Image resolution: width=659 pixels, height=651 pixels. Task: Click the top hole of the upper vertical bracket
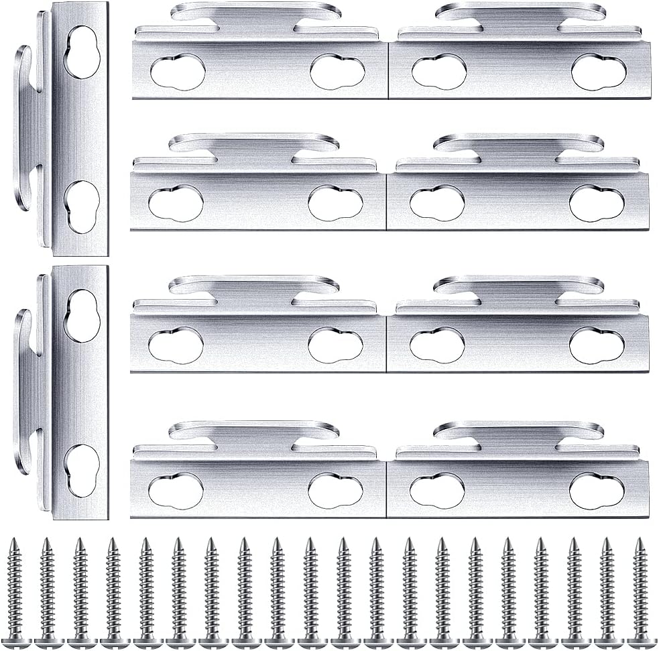[82, 52]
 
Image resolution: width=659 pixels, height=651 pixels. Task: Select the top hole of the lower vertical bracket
[82, 315]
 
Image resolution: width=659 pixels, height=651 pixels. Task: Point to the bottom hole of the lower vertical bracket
[82, 470]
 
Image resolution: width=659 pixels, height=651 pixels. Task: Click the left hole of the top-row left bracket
[178, 72]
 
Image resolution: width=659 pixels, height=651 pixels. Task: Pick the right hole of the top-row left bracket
[337, 72]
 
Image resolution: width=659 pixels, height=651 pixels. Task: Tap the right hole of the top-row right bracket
[598, 72]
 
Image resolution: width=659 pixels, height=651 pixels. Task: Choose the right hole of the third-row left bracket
[335, 345]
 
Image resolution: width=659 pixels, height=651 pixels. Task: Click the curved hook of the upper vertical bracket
[22, 127]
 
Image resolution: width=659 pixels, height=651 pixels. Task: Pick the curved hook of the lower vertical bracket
[22, 392]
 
